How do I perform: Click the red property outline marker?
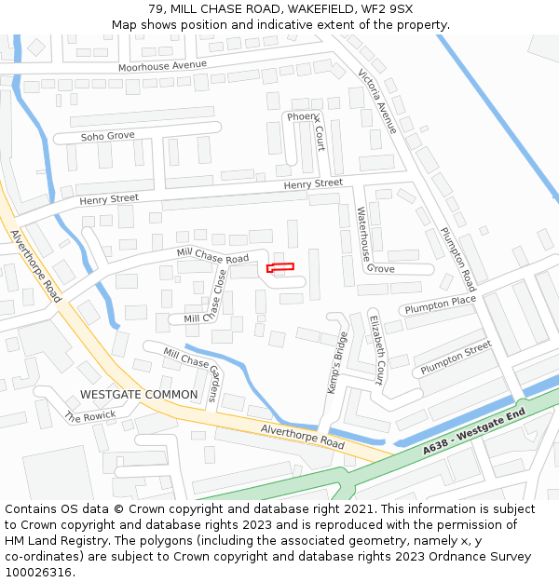click(280, 267)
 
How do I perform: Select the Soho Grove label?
click(107, 136)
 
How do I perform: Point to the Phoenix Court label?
click(307, 130)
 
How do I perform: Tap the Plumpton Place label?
click(439, 305)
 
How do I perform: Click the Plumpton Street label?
click(456, 358)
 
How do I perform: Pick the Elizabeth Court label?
click(377, 348)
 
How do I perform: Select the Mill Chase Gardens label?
click(194, 372)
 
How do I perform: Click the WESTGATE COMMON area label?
click(139, 395)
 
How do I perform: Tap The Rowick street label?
click(90, 416)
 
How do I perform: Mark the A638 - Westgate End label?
click(470, 434)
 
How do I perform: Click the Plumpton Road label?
click(458, 260)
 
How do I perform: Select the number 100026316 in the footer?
click(39, 573)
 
